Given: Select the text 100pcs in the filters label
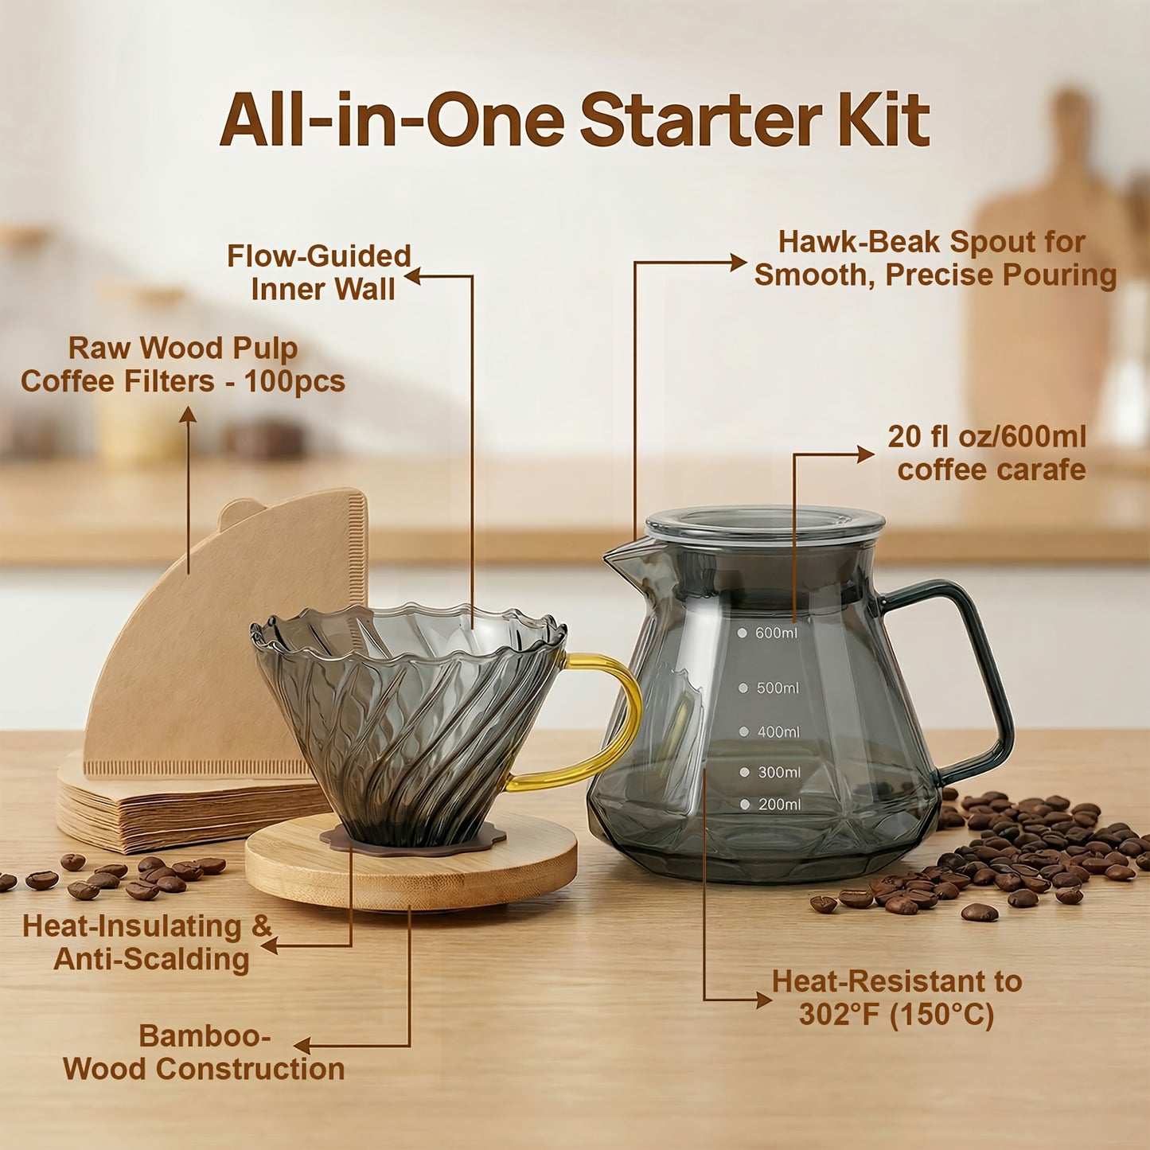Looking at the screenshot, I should tap(294, 381).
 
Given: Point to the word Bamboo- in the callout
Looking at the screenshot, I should tap(205, 1036).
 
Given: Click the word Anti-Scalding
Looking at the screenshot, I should tap(151, 960).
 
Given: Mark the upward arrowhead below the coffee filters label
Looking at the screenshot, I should tap(188, 414).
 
